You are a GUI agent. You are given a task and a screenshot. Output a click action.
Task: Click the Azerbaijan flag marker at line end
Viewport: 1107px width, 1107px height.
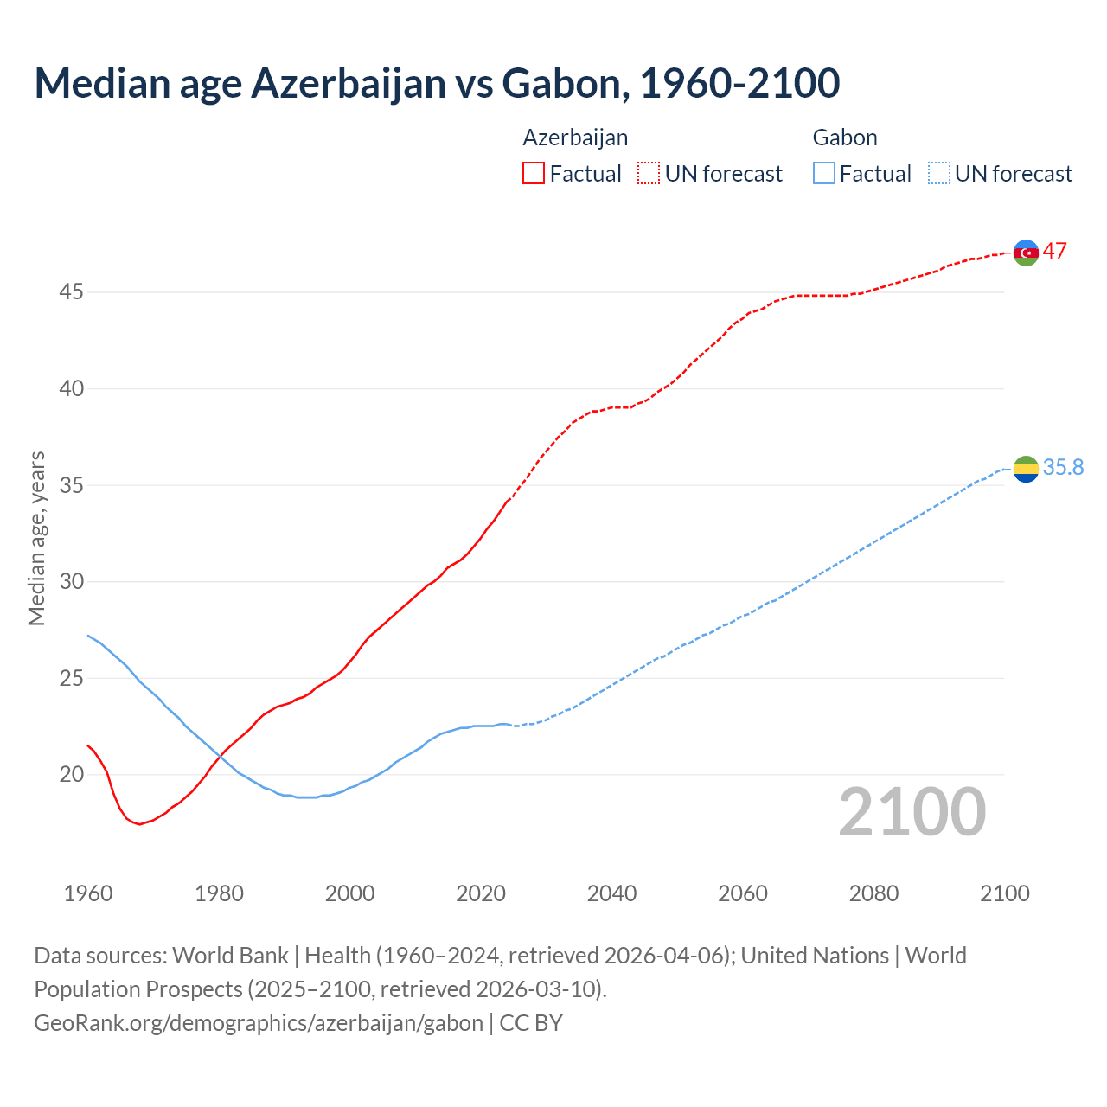coord(1026,253)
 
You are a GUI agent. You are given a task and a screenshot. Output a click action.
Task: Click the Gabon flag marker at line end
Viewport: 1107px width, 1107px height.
coord(1026,469)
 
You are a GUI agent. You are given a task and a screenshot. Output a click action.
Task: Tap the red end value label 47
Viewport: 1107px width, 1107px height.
coord(1054,252)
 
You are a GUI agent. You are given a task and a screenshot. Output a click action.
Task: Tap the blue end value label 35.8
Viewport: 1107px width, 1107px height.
coord(1063,468)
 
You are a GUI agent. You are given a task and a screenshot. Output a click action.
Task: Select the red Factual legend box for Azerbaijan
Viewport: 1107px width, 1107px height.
coord(534,174)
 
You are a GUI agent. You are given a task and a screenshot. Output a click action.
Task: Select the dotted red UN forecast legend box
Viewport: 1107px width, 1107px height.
coord(649,174)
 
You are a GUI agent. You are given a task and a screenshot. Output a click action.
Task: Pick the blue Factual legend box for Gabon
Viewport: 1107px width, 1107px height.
coord(824,174)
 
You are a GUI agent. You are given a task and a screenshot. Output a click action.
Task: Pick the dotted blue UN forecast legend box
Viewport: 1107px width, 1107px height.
coord(938,174)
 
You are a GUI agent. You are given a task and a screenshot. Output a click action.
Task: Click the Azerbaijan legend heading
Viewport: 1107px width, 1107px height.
coord(575,138)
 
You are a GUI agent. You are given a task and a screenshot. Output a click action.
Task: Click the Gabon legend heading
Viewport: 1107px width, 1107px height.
coord(845,138)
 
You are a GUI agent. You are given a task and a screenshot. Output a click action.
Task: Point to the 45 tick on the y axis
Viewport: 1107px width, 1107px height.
coord(71,292)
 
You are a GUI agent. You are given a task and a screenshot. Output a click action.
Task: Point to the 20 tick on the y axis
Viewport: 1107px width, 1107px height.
coord(71,775)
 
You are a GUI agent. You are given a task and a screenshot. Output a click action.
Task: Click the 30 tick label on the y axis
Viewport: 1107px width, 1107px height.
coord(71,582)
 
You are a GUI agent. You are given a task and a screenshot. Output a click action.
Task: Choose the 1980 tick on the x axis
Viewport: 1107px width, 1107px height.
coord(219,893)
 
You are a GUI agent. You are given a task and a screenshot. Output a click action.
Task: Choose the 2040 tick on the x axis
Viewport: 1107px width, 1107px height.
coord(611,893)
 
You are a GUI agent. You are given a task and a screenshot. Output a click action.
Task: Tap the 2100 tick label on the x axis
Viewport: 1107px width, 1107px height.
coord(1005,893)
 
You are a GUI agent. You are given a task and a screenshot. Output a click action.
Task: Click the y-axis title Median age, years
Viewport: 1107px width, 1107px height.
coord(36,538)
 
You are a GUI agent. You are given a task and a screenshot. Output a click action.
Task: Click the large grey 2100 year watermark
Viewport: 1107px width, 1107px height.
coord(912,812)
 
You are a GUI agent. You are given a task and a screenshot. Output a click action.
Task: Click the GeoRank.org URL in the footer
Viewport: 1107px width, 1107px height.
coord(259,1023)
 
